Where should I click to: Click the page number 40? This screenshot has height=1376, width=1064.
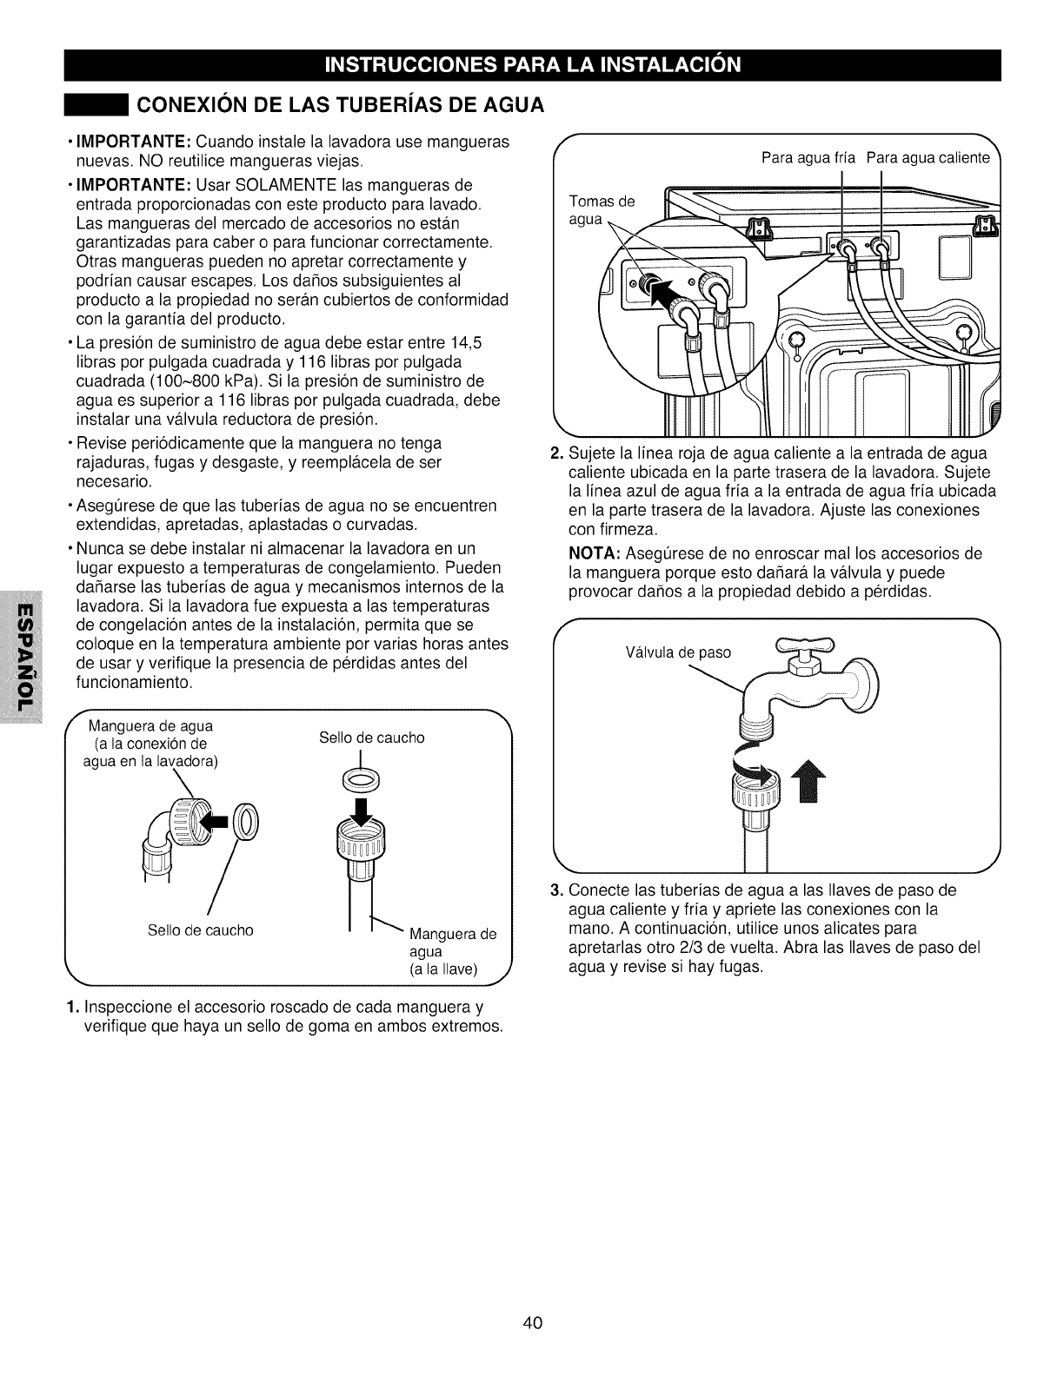point(533,1323)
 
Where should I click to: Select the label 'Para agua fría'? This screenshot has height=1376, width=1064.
point(808,158)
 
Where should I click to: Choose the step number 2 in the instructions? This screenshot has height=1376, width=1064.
point(558,453)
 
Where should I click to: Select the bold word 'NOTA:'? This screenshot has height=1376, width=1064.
point(593,554)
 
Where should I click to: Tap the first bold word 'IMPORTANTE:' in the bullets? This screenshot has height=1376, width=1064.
point(133,142)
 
